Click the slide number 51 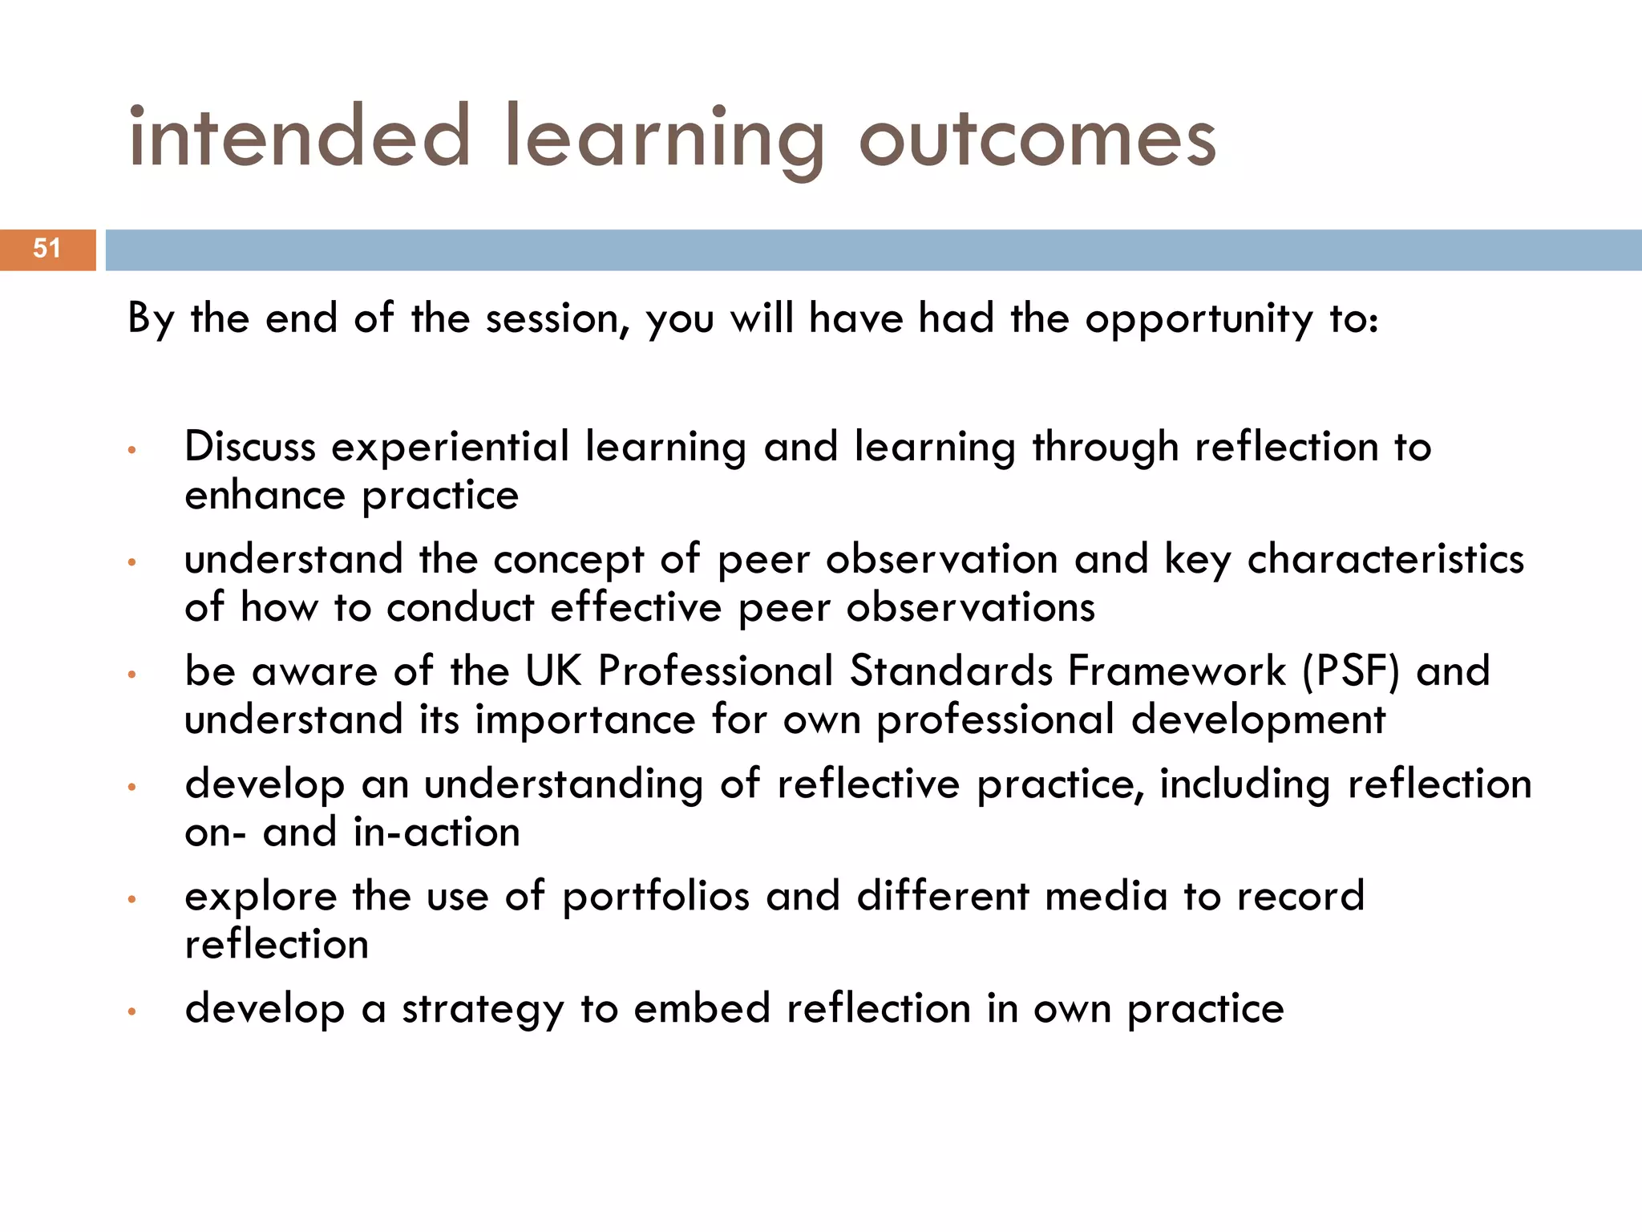pyautogui.click(x=47, y=249)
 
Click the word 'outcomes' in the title pyautogui.click(x=1037, y=138)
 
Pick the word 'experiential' pyautogui.click(x=450, y=448)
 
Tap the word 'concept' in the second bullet pyautogui.click(x=568, y=560)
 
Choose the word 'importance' pyautogui.click(x=584, y=720)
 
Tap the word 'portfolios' pyautogui.click(x=655, y=897)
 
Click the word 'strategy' pyautogui.click(x=483, y=1009)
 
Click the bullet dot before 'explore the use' pyautogui.click(x=132, y=899)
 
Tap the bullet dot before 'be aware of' pyautogui.click(x=132, y=675)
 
